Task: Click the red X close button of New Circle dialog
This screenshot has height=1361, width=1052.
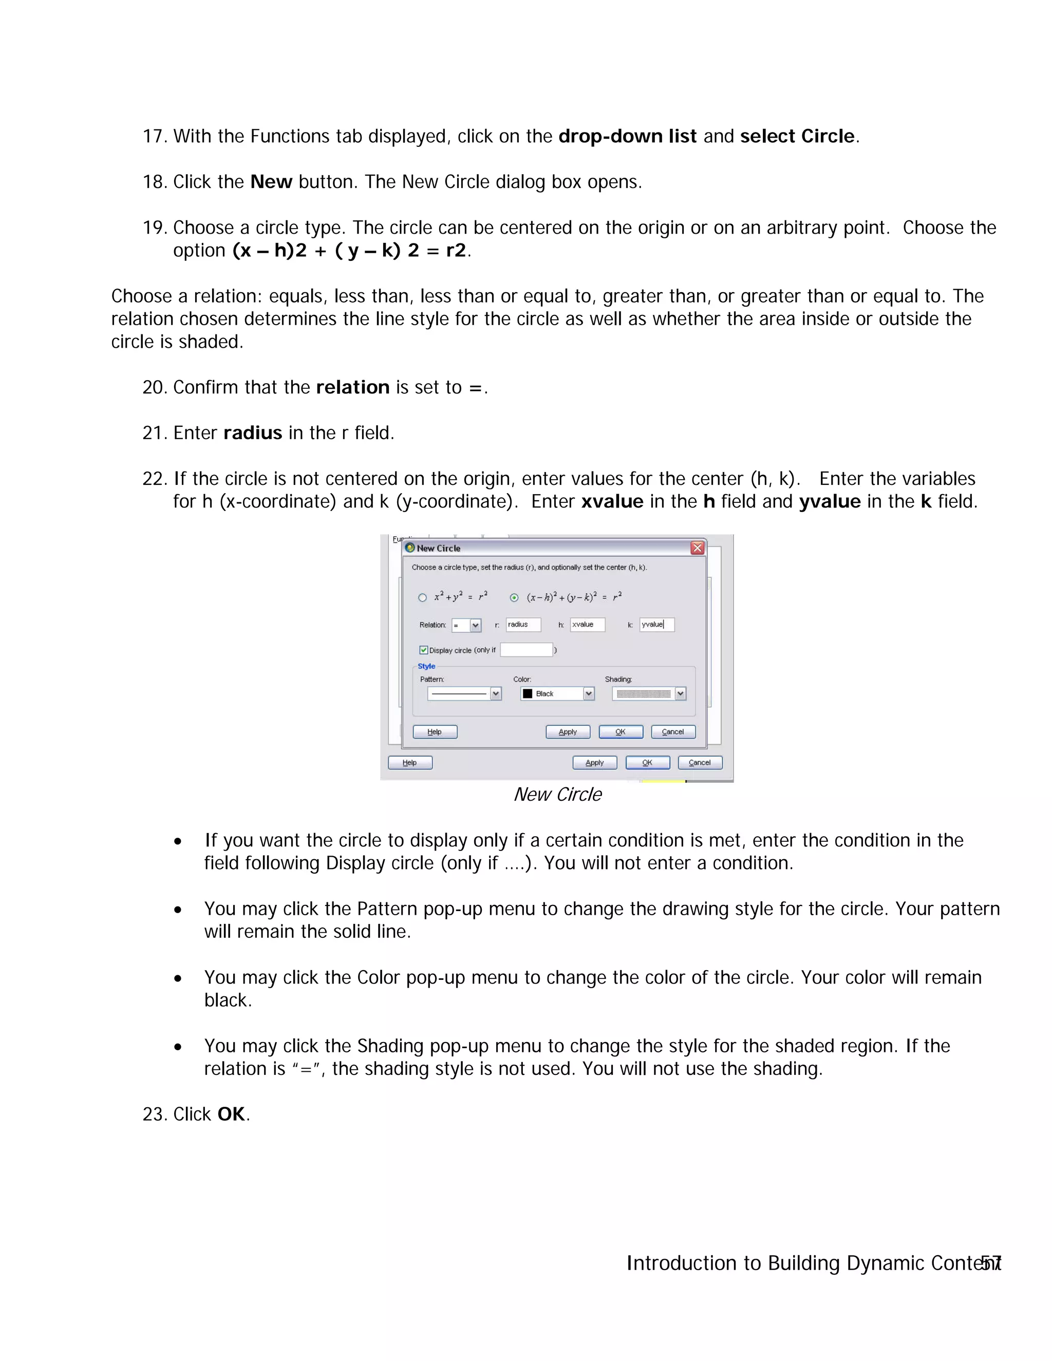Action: click(x=698, y=548)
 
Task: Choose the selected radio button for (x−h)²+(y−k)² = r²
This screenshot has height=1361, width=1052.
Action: click(x=514, y=598)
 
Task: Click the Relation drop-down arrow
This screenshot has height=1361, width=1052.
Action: click(x=476, y=625)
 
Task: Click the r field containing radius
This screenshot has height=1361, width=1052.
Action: click(x=522, y=625)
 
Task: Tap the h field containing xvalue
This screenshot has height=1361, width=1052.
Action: click(x=587, y=625)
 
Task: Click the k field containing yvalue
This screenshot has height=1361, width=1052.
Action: click(x=656, y=625)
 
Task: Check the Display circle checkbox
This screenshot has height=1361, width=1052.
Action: click(x=424, y=650)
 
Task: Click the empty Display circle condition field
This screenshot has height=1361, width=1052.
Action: click(x=526, y=650)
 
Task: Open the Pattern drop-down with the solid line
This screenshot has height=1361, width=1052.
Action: click(x=496, y=693)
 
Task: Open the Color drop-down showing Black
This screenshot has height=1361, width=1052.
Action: click(x=588, y=693)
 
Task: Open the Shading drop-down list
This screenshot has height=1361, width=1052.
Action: click(x=680, y=693)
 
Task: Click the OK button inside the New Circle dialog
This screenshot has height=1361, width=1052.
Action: click(x=621, y=731)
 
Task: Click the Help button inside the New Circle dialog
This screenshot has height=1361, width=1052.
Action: click(x=435, y=731)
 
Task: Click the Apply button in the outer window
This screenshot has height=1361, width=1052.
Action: click(x=594, y=762)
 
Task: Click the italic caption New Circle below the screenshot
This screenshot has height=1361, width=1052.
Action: click(x=558, y=795)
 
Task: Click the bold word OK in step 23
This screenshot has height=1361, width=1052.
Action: click(x=231, y=1113)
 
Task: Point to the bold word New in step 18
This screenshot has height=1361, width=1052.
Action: click(x=271, y=182)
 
